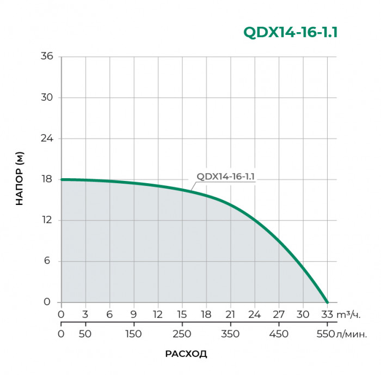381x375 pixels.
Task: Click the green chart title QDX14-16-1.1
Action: [x=291, y=33]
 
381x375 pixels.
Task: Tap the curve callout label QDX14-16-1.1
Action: [x=226, y=176]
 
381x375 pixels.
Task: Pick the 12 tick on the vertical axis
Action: [x=47, y=220]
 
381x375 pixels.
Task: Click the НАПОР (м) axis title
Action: [x=20, y=179]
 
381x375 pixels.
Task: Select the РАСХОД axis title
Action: [x=186, y=354]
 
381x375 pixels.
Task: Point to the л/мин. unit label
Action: [x=353, y=334]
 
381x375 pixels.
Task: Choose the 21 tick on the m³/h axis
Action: [x=230, y=314]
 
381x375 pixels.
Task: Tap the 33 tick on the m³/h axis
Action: [x=327, y=314]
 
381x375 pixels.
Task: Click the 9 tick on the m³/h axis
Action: [x=133, y=314]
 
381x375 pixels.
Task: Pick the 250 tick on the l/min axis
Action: [x=182, y=334]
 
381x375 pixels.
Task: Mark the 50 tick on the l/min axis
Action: [x=85, y=334]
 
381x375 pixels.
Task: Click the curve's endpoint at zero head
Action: [x=327, y=302]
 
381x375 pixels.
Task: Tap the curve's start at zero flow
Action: [x=62, y=179]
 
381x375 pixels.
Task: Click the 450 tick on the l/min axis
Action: [x=278, y=334]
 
